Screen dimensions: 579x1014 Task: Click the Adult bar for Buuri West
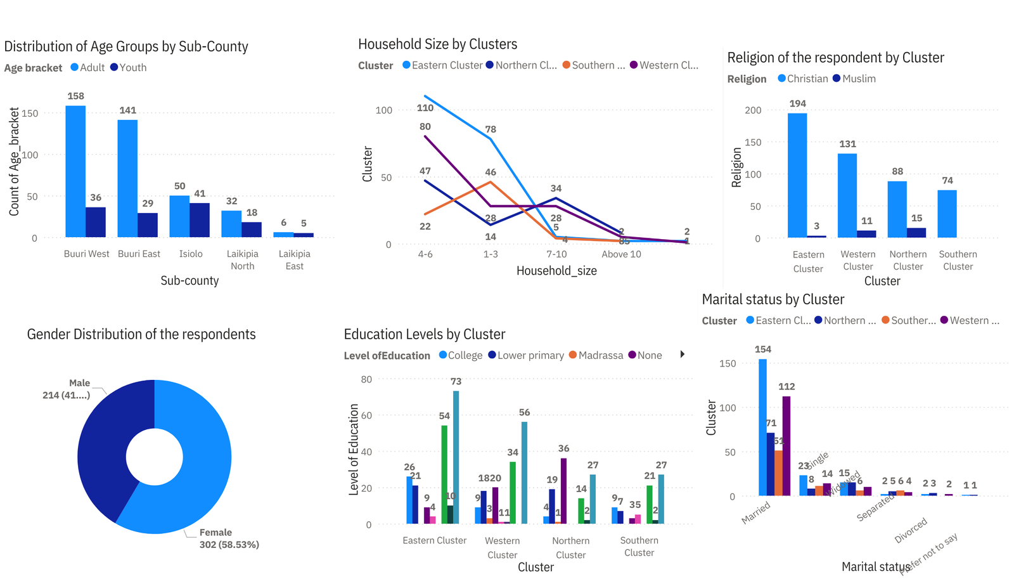coord(75,171)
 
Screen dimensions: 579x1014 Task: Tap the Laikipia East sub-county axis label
coord(294,260)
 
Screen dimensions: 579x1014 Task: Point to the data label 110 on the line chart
coord(425,108)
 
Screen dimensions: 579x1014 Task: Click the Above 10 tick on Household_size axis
coord(621,254)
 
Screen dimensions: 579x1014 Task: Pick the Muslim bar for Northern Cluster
coord(916,233)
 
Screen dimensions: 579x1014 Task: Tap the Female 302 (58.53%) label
coord(229,538)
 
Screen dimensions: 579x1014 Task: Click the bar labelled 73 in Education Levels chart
coord(456,457)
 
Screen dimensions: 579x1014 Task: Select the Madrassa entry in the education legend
coord(596,355)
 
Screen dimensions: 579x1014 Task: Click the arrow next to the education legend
coord(683,355)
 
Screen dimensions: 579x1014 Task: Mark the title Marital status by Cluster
coord(773,299)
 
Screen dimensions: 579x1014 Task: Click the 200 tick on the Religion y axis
coord(753,110)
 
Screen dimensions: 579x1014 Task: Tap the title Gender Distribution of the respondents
coord(141,334)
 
